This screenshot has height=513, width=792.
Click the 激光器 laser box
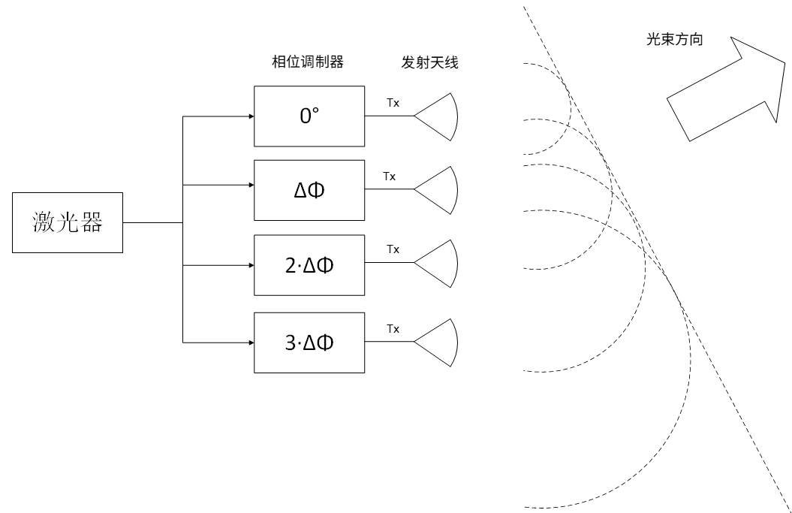67,222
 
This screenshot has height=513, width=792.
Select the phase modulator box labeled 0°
309,116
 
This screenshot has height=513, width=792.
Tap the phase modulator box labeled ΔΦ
309,191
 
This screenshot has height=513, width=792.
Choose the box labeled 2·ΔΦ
309,266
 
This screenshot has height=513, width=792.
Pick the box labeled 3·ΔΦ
309,343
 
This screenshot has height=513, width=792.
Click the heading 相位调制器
309,63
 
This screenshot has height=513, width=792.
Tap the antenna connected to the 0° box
439,116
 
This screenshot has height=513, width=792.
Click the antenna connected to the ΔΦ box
439,191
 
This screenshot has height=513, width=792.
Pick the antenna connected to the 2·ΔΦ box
439,263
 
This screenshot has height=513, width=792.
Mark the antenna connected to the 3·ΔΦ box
439,343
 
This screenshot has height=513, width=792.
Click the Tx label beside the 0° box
393,104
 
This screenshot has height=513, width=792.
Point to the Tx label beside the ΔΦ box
389,177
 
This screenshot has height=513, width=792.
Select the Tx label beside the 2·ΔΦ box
393,249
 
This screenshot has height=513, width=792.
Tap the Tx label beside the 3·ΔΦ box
393,329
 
